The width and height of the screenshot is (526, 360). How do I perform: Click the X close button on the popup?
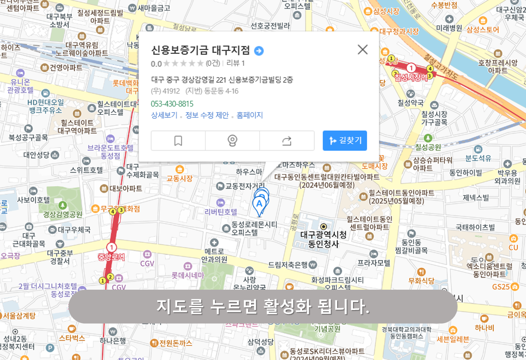[363, 50]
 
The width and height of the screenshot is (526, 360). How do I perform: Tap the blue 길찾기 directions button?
[345, 141]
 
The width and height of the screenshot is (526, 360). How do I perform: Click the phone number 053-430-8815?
[172, 104]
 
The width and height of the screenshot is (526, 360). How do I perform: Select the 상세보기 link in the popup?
[164, 115]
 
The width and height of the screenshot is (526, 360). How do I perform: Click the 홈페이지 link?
[250, 115]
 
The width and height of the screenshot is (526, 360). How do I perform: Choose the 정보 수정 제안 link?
[207, 115]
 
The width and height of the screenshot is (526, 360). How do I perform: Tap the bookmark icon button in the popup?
[178, 141]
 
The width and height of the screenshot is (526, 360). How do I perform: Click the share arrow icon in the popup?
[287, 141]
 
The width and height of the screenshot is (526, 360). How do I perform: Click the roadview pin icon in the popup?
[232, 141]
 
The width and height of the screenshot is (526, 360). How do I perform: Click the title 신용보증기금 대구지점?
[200, 50]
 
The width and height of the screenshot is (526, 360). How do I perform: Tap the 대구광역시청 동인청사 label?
[323, 239]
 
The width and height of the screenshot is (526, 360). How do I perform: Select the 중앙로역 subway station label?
[111, 257]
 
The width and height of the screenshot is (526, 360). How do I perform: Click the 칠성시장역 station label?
[411, 77]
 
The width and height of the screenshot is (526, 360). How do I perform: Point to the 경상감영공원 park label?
[63, 214]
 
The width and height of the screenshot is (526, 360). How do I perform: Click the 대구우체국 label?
[74, 230]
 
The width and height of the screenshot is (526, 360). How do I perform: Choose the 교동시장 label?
[180, 178]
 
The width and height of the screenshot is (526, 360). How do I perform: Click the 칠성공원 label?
[428, 147]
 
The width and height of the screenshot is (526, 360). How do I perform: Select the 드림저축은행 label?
[288, 265]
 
